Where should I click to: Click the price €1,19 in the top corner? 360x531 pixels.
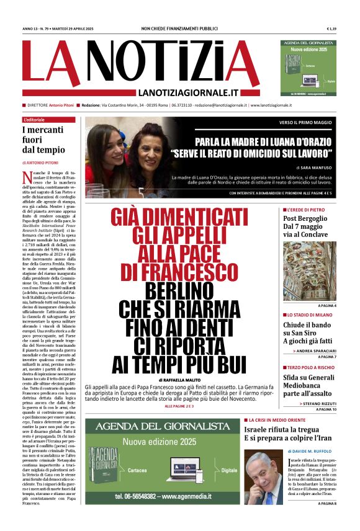coord(331,29)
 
